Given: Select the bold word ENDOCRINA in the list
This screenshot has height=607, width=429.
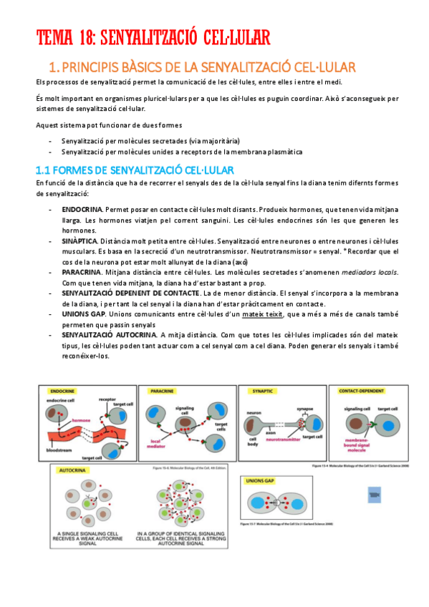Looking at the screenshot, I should [81, 208].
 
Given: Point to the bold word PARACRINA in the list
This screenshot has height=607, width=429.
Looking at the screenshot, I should [81, 273].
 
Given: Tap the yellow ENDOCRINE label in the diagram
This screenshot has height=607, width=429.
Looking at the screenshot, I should [63, 392].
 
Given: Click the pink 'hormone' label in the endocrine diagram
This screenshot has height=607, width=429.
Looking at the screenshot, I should [81, 421].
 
